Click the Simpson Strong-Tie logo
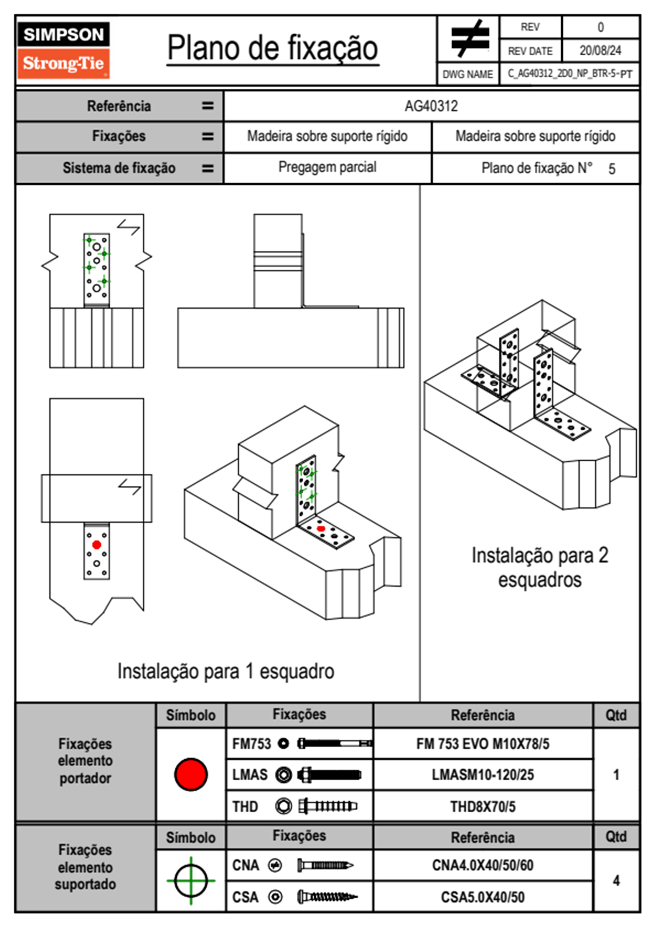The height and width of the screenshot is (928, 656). pos(63,50)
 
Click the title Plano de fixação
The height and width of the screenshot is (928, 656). pos(272,48)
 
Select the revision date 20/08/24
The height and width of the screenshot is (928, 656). pos(600,51)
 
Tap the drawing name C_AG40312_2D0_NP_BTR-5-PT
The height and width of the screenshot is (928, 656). pos(569,74)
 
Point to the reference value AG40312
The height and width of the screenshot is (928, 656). pos(431,106)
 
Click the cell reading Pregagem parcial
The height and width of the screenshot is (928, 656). pos(327,167)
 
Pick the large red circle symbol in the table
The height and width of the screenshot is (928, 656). pos(191,774)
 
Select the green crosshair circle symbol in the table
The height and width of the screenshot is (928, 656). pos(191,881)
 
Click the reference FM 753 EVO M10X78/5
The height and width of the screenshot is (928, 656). pos(482,744)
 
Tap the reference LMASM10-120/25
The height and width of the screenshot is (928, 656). pos(482,775)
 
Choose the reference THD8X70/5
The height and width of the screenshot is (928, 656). pos(482,807)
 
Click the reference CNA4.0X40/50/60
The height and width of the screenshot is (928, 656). pos(482,865)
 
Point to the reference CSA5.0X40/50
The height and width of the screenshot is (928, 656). pos(482,897)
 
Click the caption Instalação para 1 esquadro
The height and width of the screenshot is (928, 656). pos(225,671)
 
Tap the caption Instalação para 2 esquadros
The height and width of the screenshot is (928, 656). pos(540,567)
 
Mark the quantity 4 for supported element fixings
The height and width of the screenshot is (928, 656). pos(616,881)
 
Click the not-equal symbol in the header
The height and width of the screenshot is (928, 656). pos(469,39)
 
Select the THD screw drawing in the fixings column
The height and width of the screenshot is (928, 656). pos(327,807)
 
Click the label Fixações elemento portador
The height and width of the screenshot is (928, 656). pos(85,761)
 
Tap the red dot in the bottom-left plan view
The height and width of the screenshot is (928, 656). pos(96,545)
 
